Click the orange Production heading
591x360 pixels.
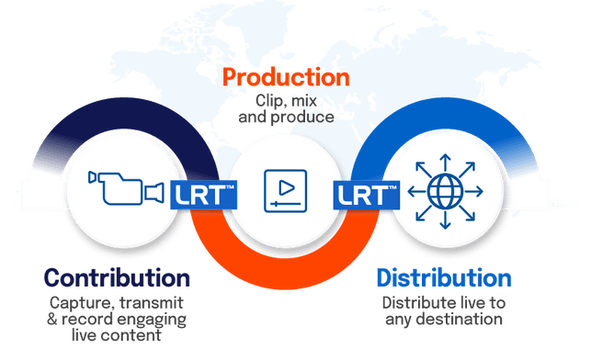(x=286, y=77)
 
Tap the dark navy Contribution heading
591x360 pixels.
(x=117, y=278)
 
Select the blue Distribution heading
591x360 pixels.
(x=444, y=278)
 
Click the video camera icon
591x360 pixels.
(x=126, y=188)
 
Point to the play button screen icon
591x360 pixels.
(x=285, y=191)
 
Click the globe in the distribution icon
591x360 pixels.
(x=445, y=191)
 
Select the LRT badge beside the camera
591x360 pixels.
(x=203, y=195)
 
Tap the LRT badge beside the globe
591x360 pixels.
(x=367, y=195)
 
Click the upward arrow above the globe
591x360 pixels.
(x=445, y=163)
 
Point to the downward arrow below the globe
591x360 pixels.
(x=445, y=219)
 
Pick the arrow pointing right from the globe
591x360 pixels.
(x=473, y=191)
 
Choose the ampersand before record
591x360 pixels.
(x=52, y=319)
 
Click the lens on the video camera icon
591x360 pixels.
(x=154, y=193)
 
